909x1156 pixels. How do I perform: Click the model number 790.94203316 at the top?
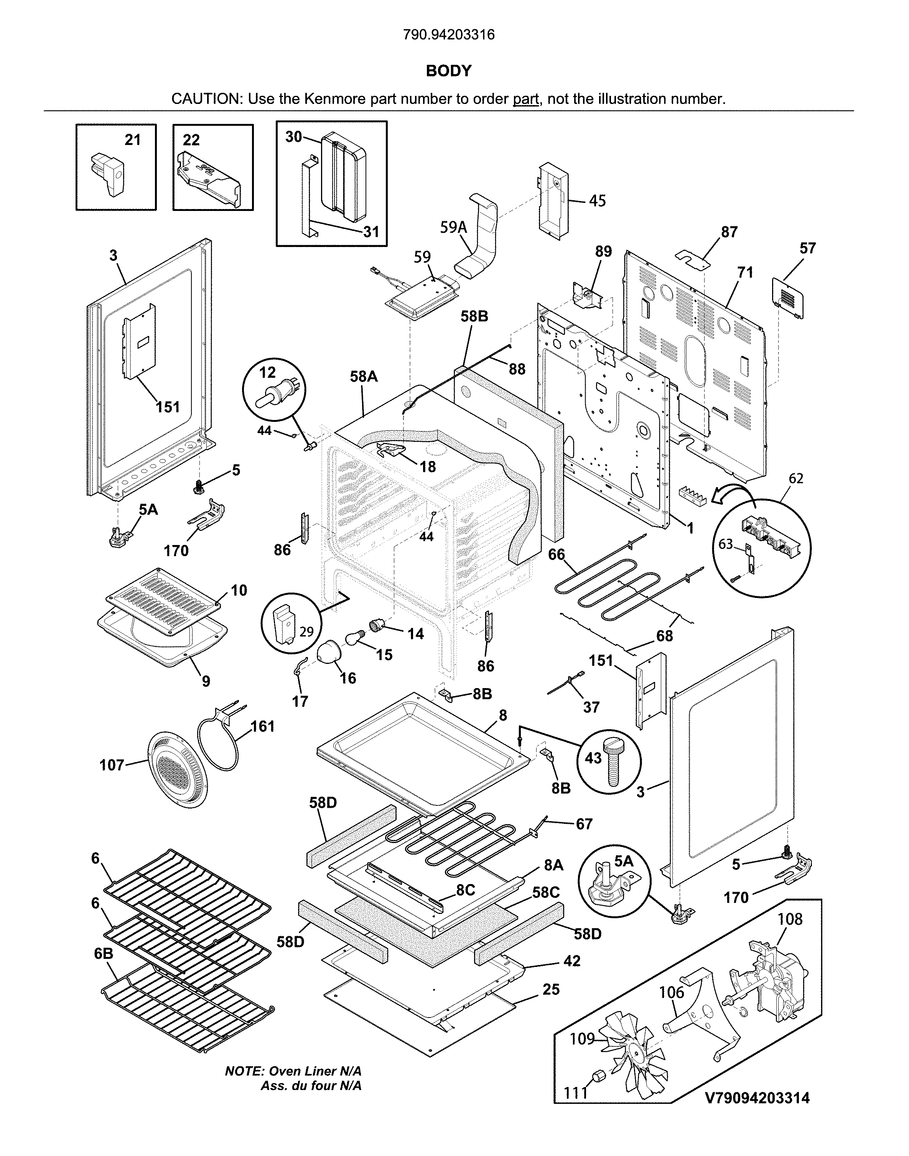pos(449,35)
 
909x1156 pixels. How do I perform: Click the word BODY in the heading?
pos(449,71)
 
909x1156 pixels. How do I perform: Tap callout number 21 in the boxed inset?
pos(133,140)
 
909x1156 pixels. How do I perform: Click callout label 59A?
pos(453,228)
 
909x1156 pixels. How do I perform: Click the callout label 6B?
pos(104,954)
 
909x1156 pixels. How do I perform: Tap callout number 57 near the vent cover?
pos(807,249)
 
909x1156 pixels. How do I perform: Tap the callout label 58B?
pos(474,317)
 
